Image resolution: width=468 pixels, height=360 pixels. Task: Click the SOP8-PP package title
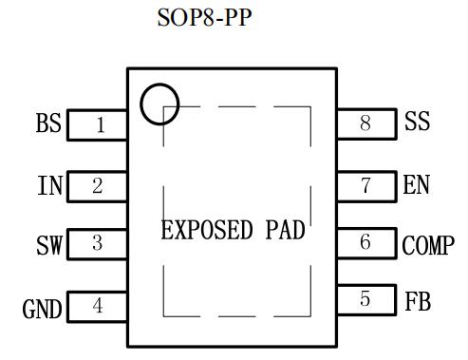coord(204,17)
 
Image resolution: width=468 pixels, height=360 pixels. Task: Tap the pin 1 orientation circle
coord(141,104)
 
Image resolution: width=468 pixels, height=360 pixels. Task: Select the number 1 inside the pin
coord(101,125)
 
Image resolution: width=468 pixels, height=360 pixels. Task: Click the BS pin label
coord(48,123)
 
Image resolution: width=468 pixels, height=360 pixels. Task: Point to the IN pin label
coord(50,185)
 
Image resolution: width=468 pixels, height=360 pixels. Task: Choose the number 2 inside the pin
coord(98,186)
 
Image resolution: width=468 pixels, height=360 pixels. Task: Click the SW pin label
coord(49,245)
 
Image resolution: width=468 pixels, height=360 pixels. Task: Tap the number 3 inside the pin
coord(98,243)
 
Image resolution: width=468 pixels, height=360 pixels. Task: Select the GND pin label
coord(42,309)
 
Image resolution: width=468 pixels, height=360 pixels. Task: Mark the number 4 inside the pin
coord(98,306)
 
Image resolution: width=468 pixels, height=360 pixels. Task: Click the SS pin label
coord(418,121)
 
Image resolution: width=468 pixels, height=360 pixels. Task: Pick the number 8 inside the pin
coord(365,123)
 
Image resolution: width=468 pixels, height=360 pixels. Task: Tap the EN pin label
coord(417,184)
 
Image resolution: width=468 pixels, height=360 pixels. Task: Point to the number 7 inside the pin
coord(365,185)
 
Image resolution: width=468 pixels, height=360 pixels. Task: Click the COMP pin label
coord(428,245)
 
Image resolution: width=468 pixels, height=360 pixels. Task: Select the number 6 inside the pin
coord(365,242)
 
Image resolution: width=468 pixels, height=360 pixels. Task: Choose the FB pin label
coord(418,301)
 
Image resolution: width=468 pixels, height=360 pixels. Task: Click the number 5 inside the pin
coord(365,298)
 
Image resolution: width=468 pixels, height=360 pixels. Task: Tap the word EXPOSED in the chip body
coord(207,230)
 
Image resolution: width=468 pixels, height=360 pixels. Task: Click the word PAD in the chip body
coord(285,230)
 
